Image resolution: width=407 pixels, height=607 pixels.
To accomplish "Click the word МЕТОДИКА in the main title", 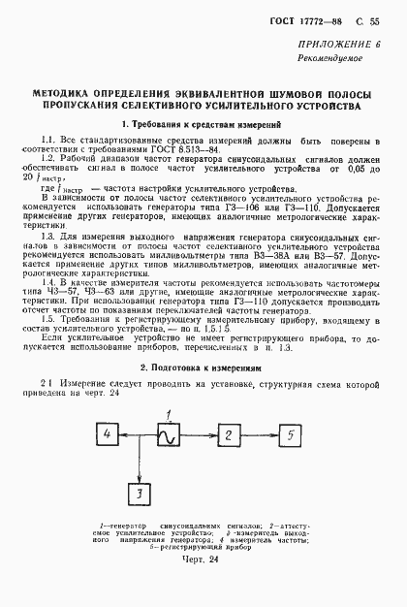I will point(68,95).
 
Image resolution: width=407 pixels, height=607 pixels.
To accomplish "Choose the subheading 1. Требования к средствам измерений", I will point(203,126).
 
